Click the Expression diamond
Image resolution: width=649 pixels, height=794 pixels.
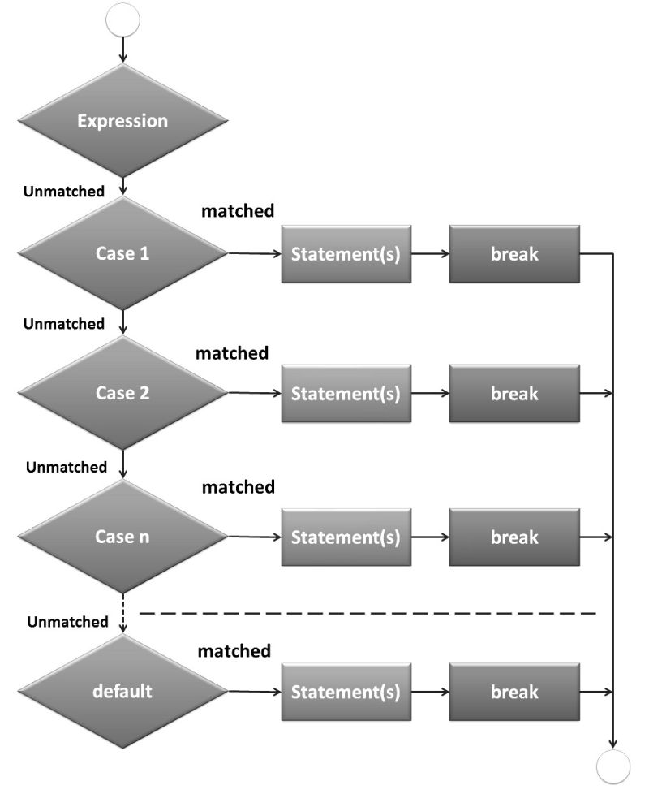click(x=122, y=121)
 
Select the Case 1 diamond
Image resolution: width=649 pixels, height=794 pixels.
click(x=122, y=253)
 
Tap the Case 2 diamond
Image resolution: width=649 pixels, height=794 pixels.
click(x=122, y=394)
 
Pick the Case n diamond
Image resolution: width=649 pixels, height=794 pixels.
click(x=122, y=537)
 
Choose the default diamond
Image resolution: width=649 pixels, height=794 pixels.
click(x=122, y=692)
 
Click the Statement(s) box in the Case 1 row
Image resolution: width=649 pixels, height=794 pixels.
click(x=346, y=253)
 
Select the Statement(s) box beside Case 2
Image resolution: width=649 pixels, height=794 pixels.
click(x=346, y=394)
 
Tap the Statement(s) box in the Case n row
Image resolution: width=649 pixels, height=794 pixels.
click(x=346, y=537)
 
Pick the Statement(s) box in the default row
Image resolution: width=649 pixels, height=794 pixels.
click(x=346, y=692)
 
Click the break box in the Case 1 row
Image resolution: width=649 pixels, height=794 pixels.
click(x=514, y=253)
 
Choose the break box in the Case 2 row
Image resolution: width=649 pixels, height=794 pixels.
click(x=514, y=394)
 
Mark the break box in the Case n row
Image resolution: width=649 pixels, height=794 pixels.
click(x=514, y=537)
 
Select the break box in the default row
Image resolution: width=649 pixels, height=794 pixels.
click(x=514, y=692)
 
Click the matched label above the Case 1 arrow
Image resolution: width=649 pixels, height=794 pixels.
click(x=238, y=211)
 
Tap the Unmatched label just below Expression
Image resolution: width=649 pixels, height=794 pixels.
click(x=64, y=192)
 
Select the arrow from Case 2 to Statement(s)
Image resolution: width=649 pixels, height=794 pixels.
click(x=254, y=394)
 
